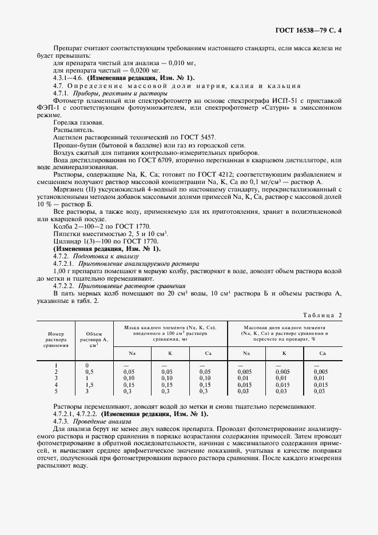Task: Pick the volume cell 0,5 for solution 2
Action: [90, 372]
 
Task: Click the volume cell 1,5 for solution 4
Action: [90, 385]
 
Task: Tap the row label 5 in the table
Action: [56, 391]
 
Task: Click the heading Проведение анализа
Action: [100, 421]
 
